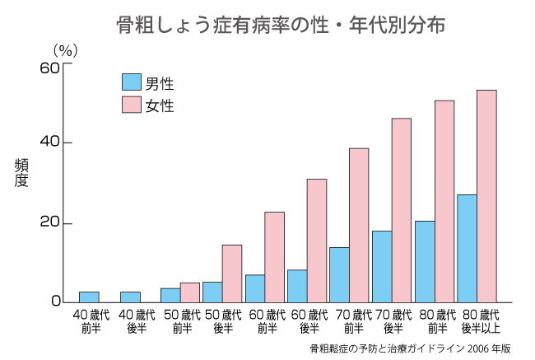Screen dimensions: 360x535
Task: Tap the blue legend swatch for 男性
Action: coord(131,82)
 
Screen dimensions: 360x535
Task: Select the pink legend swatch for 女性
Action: coord(131,105)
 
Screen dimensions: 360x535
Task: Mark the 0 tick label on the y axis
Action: coord(55,302)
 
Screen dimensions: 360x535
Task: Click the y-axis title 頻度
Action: coord(21,173)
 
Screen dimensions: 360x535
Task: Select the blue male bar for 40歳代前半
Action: coord(89,297)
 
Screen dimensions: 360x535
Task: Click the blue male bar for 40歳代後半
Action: coord(131,297)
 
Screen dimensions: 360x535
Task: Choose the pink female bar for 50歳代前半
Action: coord(190,292)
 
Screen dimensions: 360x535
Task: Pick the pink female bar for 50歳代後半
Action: coord(232,273)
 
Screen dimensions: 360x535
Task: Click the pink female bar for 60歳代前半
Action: coord(274,256)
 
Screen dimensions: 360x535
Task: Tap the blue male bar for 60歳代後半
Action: coord(297,286)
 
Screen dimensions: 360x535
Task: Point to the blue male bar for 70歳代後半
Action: coord(382,266)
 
